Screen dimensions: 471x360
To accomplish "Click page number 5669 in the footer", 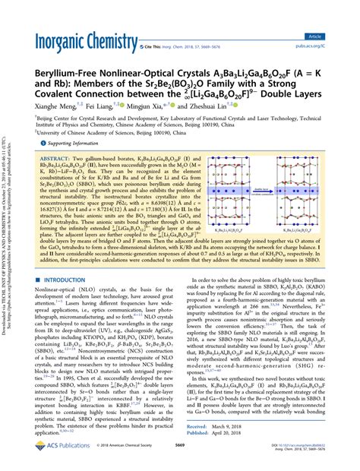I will pyautogui.click(x=179, y=458).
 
